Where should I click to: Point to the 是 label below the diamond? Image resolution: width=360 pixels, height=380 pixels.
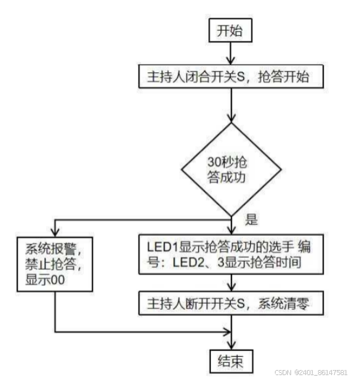coord(251,220)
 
